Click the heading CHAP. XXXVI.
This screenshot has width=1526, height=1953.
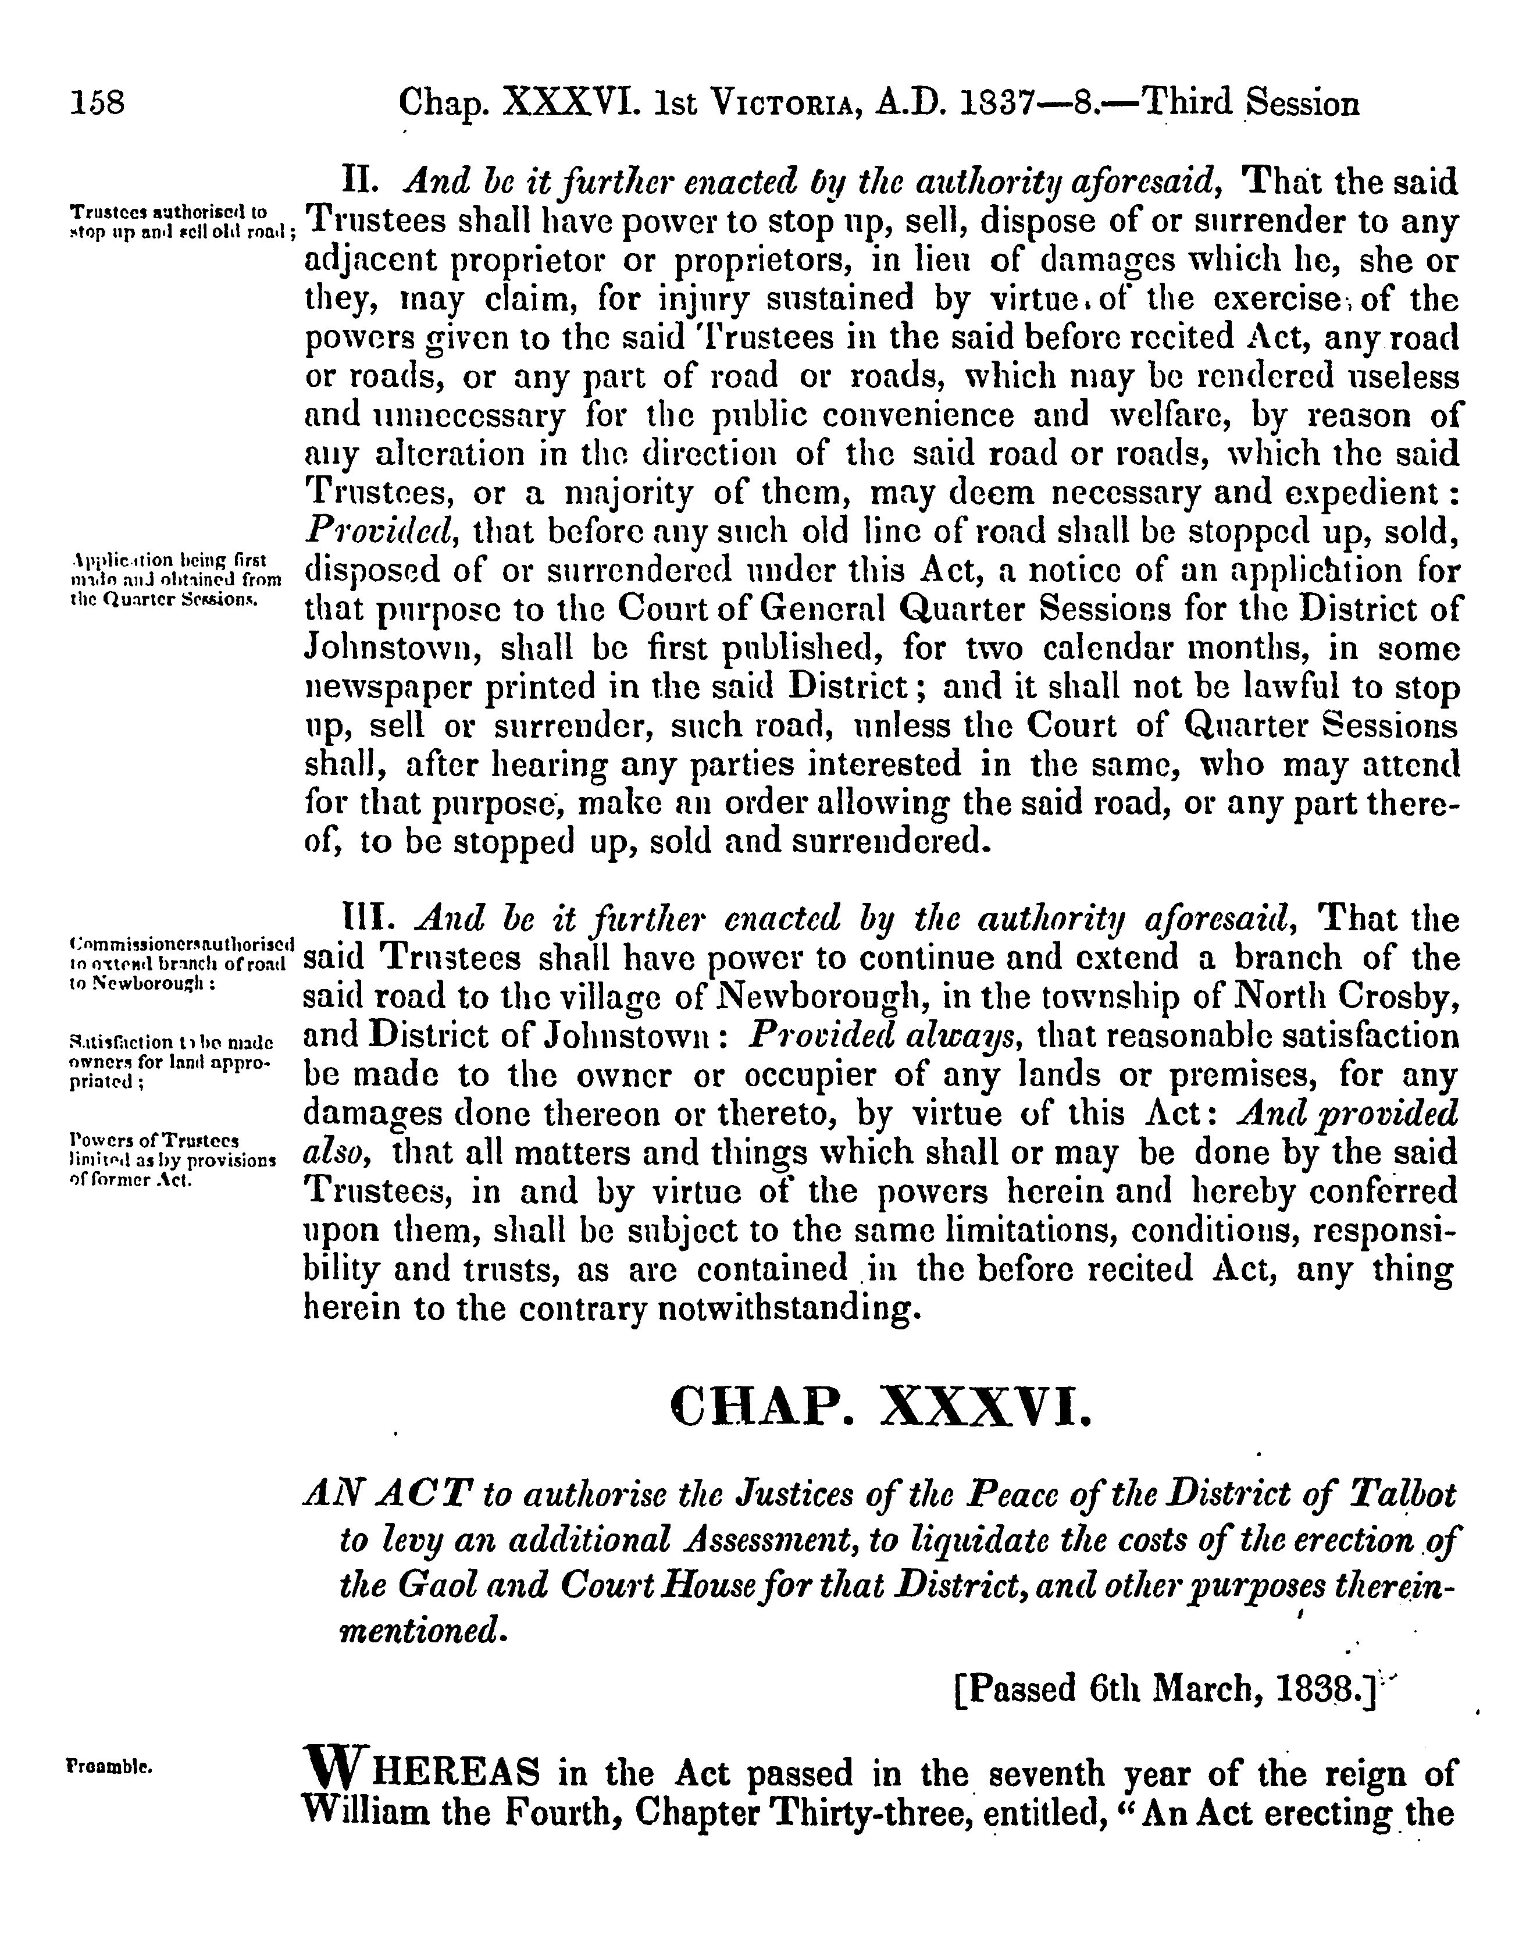(880, 1407)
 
